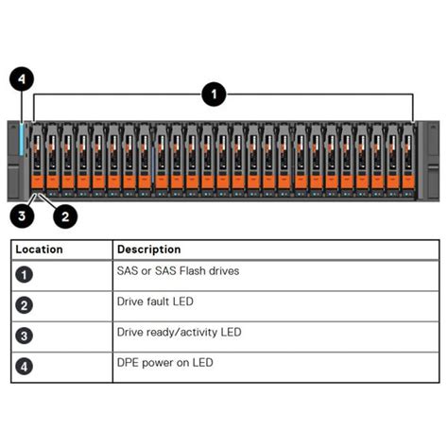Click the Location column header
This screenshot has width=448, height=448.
tap(39, 250)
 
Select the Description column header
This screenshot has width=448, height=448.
tap(148, 250)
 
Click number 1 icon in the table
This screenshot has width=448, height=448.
tap(26, 274)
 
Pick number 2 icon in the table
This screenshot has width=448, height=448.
tap(26, 304)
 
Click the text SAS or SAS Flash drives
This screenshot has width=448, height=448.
tap(178, 271)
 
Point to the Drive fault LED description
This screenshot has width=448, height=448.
tap(155, 302)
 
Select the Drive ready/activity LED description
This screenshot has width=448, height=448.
tap(179, 332)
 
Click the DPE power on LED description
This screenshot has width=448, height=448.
tap(164, 362)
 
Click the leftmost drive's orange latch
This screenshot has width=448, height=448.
tap(38, 180)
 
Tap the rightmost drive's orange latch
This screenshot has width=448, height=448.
tap(407, 180)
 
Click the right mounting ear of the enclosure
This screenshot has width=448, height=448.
tap(427, 159)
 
